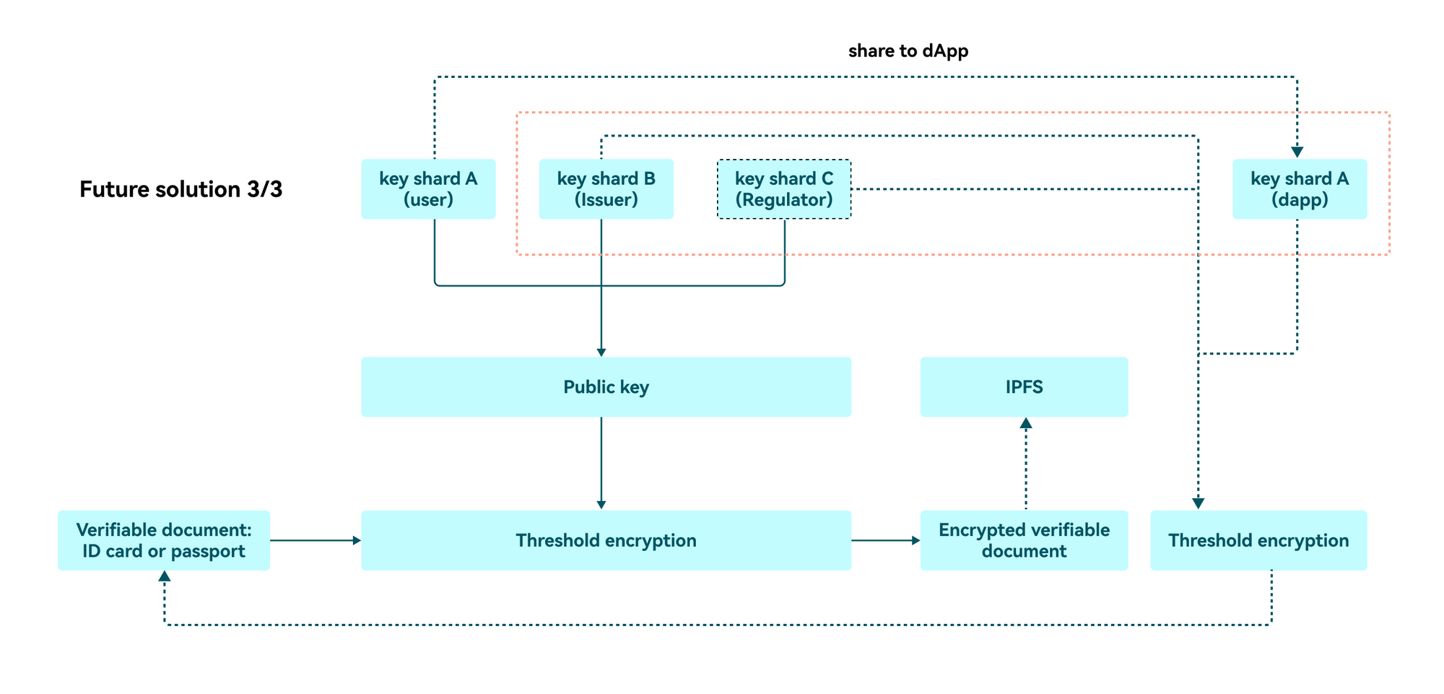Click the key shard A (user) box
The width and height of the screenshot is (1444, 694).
[x=428, y=189]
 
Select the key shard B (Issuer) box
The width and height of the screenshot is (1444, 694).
[x=606, y=189]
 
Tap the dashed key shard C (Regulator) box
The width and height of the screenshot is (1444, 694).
[x=784, y=189]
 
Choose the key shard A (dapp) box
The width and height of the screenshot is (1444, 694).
[x=1300, y=189]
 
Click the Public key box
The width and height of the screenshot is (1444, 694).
[x=606, y=387]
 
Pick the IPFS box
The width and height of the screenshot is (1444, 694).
[x=1024, y=387]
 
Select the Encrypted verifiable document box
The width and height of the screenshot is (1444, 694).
[x=1024, y=540]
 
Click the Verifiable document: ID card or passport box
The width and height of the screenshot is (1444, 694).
[x=164, y=540]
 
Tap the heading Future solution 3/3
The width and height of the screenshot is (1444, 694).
[x=180, y=189]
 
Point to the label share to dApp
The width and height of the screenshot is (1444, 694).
[x=908, y=51]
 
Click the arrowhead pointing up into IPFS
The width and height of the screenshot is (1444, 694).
[x=1026, y=423]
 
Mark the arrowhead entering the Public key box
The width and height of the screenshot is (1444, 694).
[x=601, y=352]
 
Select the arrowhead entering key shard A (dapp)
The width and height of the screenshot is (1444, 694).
[x=1297, y=152]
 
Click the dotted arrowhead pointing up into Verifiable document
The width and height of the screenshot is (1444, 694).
[x=165, y=576]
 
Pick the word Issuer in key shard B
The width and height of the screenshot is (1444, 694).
[x=606, y=200]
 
